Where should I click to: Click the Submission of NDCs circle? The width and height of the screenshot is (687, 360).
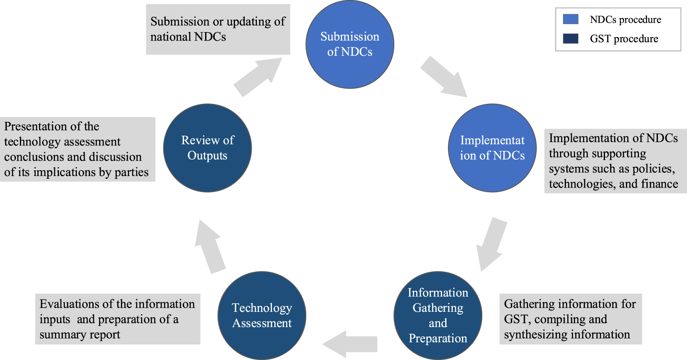350,44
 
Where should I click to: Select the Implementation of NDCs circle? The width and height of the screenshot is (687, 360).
492,148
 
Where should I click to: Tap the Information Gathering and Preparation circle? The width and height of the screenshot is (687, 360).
438,315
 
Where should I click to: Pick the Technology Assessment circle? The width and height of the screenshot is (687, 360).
262,315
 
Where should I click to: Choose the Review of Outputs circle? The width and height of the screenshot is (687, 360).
207,148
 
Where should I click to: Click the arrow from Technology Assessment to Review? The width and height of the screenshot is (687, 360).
210,247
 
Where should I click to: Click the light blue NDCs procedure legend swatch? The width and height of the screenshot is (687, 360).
570,19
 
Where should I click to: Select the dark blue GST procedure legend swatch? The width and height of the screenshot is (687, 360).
570,39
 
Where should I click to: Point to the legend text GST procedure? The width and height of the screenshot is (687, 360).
624,39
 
